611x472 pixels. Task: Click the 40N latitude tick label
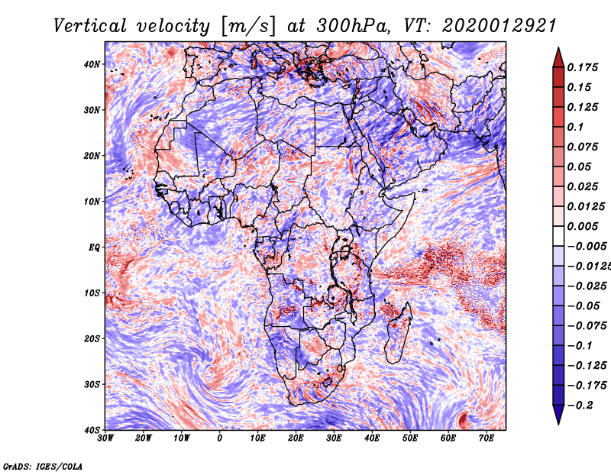[92, 64]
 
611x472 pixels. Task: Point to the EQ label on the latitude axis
[94, 247]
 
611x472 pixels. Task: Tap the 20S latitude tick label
[92, 338]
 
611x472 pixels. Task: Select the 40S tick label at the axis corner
[92, 430]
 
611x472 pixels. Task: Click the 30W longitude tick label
[105, 438]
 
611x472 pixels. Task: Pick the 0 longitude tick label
[220, 438]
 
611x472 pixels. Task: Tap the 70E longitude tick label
[487, 438]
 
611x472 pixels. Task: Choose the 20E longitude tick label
[296, 438]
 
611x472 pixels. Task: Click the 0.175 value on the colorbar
[582, 67]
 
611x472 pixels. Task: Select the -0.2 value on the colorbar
[580, 405]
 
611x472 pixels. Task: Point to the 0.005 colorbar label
[582, 226]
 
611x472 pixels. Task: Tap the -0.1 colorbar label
[580, 345]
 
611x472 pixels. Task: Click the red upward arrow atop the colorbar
[558, 57]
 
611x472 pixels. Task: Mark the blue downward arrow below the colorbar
[558, 415]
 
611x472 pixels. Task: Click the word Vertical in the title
[90, 26]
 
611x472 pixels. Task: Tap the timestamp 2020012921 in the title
[499, 26]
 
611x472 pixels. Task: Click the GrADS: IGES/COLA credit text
[43, 466]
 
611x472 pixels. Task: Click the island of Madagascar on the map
[398, 334]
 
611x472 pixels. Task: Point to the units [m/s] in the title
[248, 27]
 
